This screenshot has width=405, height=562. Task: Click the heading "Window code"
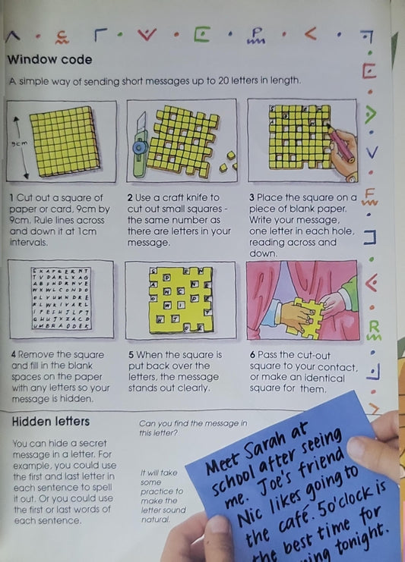pos(49,59)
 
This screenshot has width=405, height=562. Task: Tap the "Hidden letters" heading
pos(51,421)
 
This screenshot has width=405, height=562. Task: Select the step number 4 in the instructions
pos(12,354)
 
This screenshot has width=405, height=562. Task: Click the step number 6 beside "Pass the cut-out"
pos(252,354)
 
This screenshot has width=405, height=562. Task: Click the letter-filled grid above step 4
pos(61,299)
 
